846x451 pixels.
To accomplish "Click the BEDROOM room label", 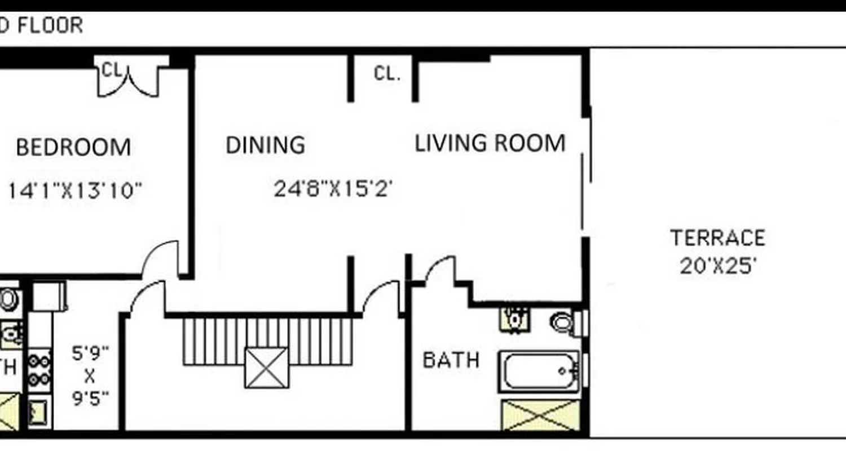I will click(73, 148).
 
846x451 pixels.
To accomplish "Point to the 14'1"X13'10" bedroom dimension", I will click(74, 191).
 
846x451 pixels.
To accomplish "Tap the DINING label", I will click(265, 145).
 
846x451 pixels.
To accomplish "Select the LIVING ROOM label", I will click(490, 143).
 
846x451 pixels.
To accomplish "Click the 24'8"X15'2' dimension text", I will click(333, 189).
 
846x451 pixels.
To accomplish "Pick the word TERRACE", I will click(717, 238).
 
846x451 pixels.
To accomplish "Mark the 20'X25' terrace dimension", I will click(717, 266).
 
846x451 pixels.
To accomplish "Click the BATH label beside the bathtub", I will click(451, 360).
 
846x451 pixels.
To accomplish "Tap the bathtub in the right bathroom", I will click(539, 372).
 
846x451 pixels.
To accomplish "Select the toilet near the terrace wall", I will click(563, 322).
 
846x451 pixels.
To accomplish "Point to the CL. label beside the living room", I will click(387, 74).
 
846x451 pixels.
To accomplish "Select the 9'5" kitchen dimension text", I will click(90, 399).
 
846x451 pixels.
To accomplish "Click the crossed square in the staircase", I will click(266, 368).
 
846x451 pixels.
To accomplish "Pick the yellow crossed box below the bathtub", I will click(540, 415).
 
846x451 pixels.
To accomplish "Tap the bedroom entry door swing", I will click(161, 259).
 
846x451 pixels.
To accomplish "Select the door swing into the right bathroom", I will click(440, 269).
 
